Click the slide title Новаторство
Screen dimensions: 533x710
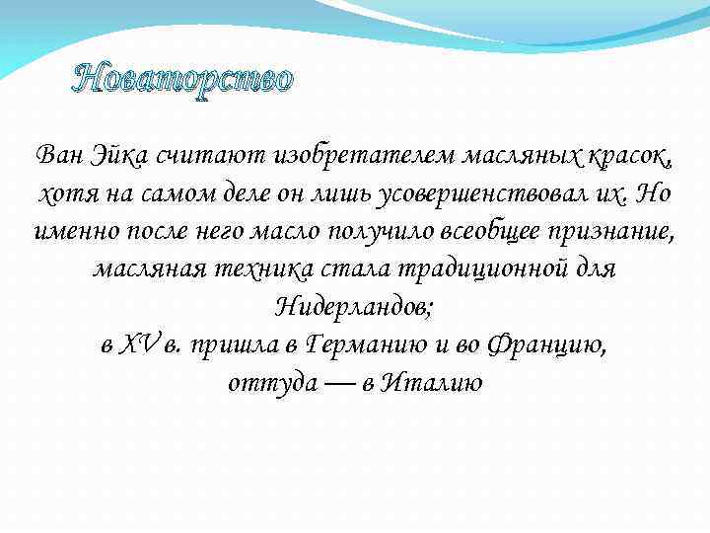182,80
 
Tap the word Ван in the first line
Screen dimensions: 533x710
57,155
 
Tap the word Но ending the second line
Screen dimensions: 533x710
654,192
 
